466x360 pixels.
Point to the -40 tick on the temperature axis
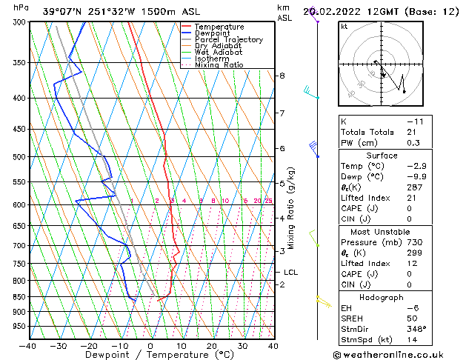tap(28, 345)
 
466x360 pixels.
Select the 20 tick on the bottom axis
tap(211, 345)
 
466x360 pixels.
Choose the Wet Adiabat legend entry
tap(219, 52)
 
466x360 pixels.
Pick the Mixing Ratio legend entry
tap(219, 65)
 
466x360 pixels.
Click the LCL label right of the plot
tap(291, 272)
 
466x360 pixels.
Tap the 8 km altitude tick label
tap(282, 76)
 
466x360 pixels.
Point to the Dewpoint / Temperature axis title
tap(150, 355)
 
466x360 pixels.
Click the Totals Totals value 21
tap(411, 132)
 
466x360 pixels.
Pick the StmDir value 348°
tap(416, 329)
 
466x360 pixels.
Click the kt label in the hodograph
tap(344, 26)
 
